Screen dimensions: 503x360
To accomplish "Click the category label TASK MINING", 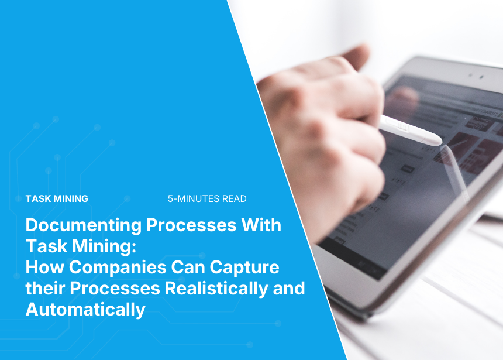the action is (x=57, y=199).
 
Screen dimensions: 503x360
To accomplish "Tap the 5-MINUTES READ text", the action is (x=207, y=199).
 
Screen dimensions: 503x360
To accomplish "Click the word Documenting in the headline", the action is (x=84, y=226).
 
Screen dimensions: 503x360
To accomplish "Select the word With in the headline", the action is (x=261, y=225).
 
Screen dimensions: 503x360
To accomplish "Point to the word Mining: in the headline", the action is (x=104, y=246).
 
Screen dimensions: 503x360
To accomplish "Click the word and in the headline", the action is (x=289, y=288).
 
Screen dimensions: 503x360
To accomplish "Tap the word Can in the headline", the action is (x=188, y=267).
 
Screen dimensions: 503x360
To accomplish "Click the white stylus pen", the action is (x=411, y=131).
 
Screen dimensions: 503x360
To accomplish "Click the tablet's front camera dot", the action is (x=481, y=77).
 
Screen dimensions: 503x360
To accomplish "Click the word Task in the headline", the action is (x=46, y=246).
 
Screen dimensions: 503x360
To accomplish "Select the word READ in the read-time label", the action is (x=234, y=199).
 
